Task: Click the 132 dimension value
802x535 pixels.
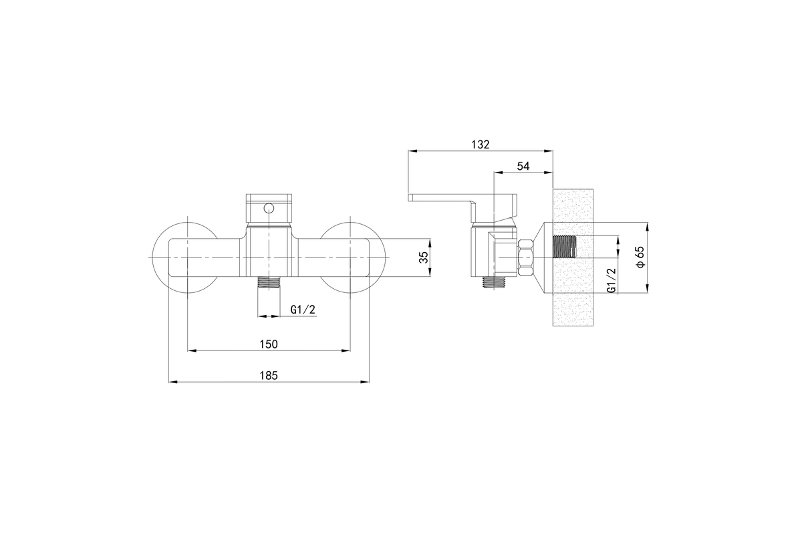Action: point(480,144)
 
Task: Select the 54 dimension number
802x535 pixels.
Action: point(523,167)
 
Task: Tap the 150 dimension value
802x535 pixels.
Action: point(269,344)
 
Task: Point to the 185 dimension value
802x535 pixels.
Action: point(269,376)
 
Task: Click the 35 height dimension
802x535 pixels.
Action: point(424,257)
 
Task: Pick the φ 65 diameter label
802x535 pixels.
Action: point(640,257)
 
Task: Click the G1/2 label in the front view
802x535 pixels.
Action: point(303,309)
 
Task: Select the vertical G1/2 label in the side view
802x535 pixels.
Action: point(612,281)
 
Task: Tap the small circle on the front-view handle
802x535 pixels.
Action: point(269,208)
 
